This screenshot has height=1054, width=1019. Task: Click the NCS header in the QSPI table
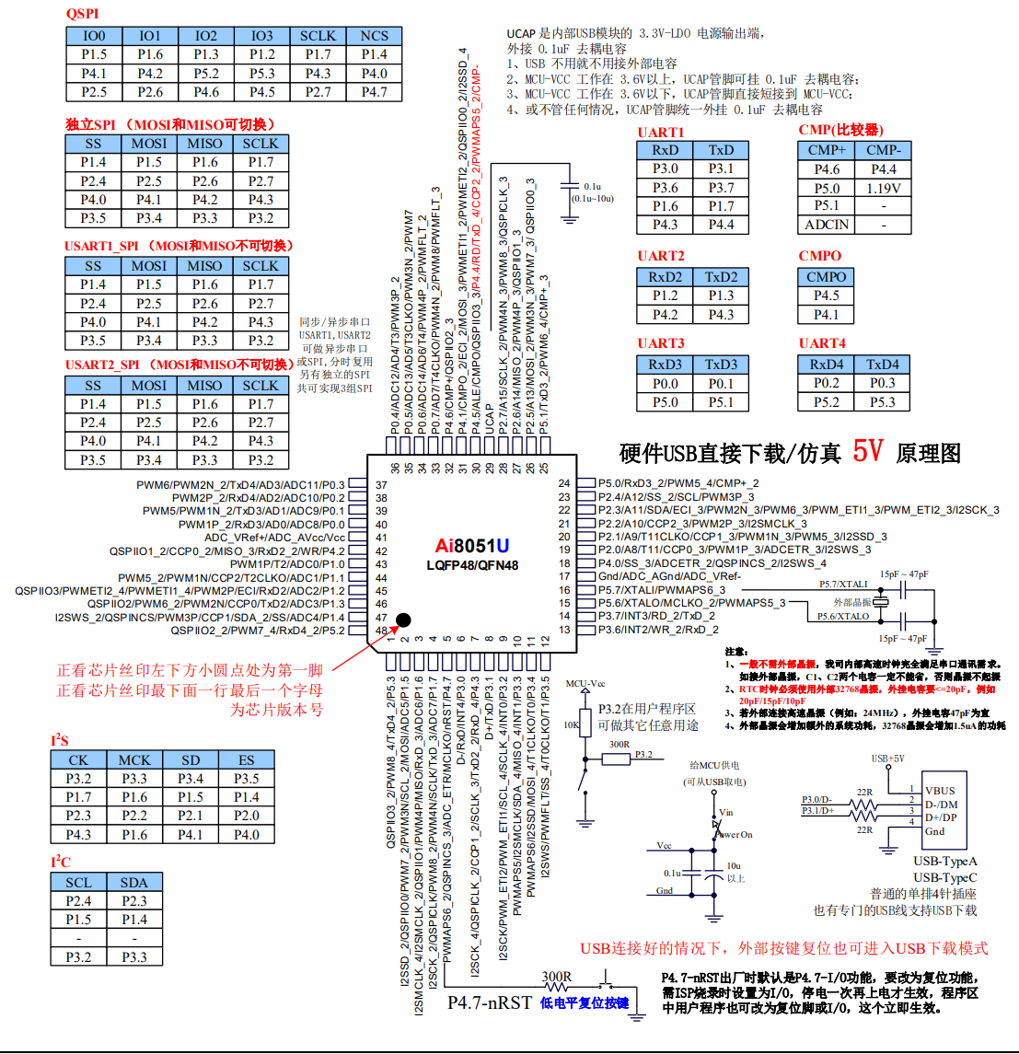pos(374,36)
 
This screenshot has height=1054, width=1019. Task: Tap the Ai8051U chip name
pos(471,545)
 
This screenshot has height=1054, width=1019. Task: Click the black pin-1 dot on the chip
pos(403,620)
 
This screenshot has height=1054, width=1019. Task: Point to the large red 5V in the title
pos(867,451)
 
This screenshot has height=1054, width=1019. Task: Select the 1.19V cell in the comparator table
pos(883,188)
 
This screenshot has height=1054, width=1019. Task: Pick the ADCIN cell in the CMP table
pos(827,225)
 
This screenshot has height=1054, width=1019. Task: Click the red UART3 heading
pos(660,343)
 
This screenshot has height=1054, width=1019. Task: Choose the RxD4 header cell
pos(827,365)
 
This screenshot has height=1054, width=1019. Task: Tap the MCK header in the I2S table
pos(134,759)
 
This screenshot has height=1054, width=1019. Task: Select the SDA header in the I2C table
pos(134,882)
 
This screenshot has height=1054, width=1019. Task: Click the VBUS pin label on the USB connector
pos(940,791)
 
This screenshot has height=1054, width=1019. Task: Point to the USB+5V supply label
pos(887,759)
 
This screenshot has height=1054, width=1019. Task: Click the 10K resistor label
pos(571,724)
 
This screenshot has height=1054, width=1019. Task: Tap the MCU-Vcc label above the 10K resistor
pos(585,683)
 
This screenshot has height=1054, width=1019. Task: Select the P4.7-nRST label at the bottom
pos(489,1002)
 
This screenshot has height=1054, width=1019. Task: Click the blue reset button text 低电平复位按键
pos(585,1003)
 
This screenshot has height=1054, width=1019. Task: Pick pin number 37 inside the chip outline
pos(381,484)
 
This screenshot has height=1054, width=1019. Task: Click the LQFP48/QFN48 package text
pos(471,565)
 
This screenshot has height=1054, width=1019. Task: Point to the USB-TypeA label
pos(945,861)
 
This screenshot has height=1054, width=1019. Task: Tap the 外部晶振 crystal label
pos(852,602)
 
